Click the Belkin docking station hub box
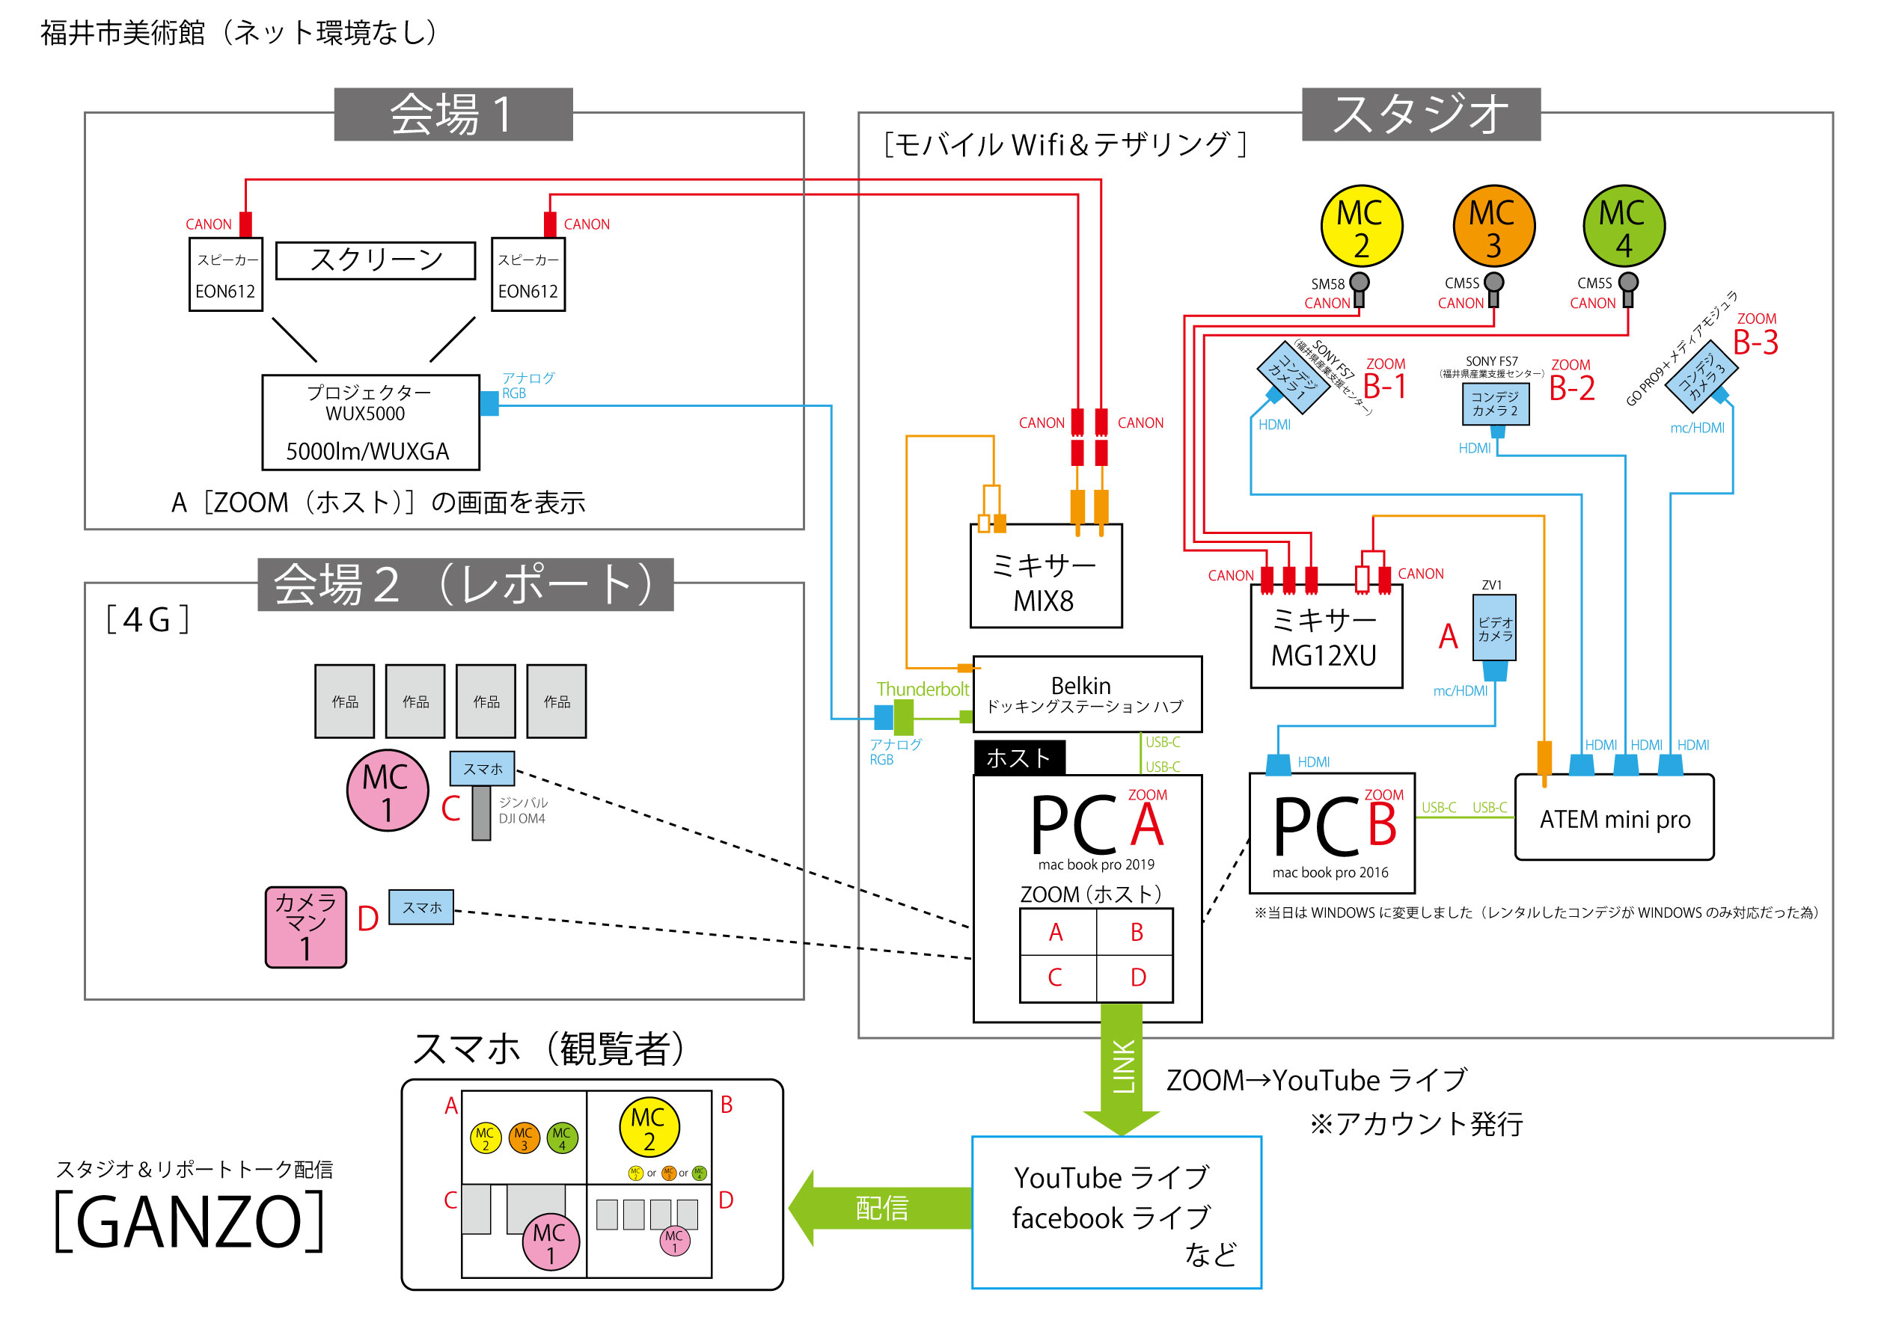(1086, 694)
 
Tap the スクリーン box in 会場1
(376, 260)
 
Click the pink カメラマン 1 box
(305, 927)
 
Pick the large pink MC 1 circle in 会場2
(387, 790)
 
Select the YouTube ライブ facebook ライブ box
(1116, 1212)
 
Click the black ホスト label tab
(1019, 757)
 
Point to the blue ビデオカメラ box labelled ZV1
(1494, 628)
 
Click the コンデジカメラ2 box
(1495, 403)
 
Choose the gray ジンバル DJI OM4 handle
(482, 812)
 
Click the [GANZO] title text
(189, 1222)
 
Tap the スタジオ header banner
(1420, 114)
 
